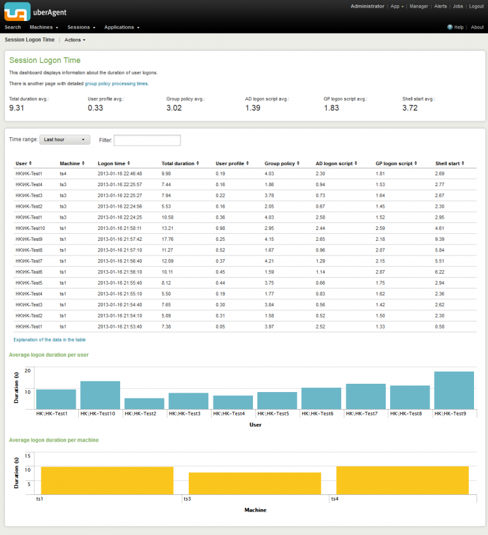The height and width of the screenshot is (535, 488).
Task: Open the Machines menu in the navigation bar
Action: [x=43, y=27]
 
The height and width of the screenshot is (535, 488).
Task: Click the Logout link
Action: [x=476, y=6]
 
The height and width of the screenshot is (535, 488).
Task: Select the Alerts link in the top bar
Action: [x=440, y=6]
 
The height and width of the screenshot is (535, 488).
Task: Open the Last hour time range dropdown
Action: [x=65, y=139]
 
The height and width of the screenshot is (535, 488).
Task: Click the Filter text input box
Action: [x=147, y=140]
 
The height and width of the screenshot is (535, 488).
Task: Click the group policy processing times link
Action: [x=116, y=83]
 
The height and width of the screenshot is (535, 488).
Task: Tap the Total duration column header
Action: [x=179, y=163]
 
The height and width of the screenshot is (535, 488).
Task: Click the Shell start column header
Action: [x=449, y=163]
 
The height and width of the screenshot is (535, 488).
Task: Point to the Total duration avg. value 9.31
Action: [x=17, y=108]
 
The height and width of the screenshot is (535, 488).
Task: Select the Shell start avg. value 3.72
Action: [x=410, y=108]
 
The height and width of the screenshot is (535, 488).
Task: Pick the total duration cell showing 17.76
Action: [x=168, y=239]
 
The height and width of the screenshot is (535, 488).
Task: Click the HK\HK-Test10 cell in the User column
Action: [x=30, y=228]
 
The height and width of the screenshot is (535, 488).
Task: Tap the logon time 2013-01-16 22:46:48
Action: [x=119, y=173]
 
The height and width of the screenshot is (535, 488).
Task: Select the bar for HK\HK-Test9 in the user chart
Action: [x=454, y=390]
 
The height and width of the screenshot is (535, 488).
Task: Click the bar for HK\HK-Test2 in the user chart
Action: [x=144, y=403]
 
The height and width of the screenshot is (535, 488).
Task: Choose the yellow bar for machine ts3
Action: [x=255, y=484]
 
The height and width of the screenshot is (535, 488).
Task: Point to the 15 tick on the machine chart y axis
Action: [x=27, y=456]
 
